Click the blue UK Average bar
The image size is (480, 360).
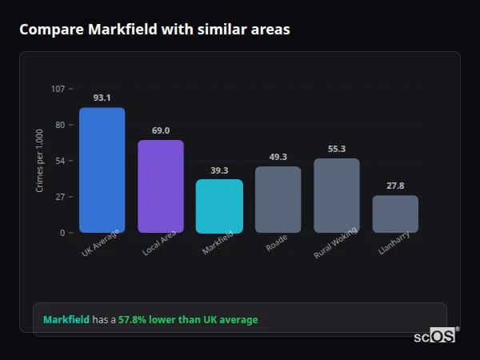[x=102, y=170]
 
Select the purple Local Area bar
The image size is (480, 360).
[x=161, y=186]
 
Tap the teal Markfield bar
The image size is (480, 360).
[x=219, y=206]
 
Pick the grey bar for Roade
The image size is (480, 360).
[x=278, y=200]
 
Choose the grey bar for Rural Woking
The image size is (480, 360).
[x=337, y=196]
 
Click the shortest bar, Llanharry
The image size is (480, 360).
[x=395, y=214]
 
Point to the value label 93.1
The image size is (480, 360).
[x=102, y=98]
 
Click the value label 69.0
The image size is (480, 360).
[x=161, y=130]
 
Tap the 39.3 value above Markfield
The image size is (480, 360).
[x=219, y=170]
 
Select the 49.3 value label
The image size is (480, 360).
[x=278, y=157]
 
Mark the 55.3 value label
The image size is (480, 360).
[x=337, y=149]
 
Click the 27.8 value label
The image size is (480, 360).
[x=395, y=186]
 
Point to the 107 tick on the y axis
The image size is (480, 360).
[x=58, y=89]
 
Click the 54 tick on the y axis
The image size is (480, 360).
[x=60, y=161]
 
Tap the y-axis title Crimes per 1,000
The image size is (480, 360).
[x=40, y=161]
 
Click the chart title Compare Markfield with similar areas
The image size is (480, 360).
[x=154, y=30]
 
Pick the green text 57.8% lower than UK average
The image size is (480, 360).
[x=188, y=320]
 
